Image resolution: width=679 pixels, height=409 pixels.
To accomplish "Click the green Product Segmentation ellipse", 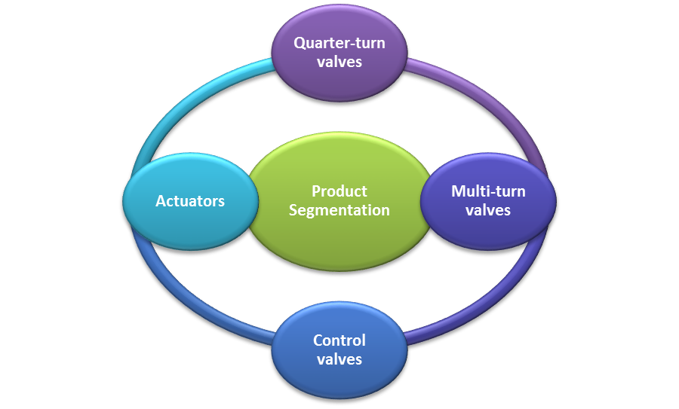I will click(x=339, y=233).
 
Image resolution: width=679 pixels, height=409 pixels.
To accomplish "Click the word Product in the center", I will click(x=339, y=191).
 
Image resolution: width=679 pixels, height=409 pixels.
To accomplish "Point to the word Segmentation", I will click(x=339, y=210).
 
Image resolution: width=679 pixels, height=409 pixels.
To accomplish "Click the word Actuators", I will click(x=190, y=201).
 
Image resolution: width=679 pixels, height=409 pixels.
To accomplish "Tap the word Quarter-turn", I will click(x=339, y=43).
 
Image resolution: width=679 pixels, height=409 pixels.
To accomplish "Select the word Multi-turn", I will click(x=488, y=191).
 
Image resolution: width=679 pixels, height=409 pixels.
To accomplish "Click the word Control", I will click(x=339, y=340).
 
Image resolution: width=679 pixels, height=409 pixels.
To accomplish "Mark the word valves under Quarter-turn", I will click(x=339, y=62).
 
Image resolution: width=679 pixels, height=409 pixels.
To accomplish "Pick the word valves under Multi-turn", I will click(x=488, y=210).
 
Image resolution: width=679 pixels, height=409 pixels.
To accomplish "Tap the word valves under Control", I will click(x=339, y=359).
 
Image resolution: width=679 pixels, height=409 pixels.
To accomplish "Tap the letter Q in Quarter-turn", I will click(x=299, y=43).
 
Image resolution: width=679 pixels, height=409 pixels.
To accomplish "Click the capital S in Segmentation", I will click(x=293, y=210).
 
